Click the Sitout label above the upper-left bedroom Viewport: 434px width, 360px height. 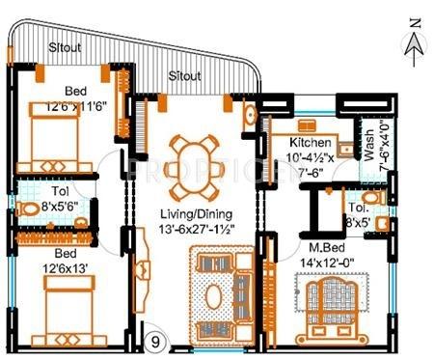pos(68,48)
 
